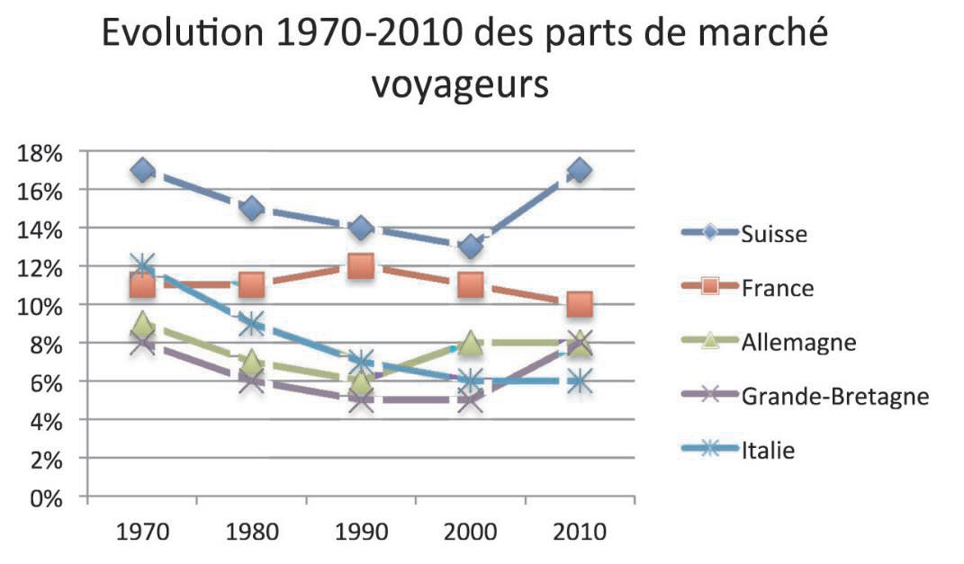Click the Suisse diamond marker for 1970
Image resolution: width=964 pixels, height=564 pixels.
(x=142, y=170)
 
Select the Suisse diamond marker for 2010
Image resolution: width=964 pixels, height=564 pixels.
(x=581, y=170)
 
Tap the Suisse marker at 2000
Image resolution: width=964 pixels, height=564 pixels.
(x=471, y=246)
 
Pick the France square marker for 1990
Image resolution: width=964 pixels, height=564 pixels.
(x=361, y=266)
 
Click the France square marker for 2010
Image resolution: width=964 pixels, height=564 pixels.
(x=581, y=304)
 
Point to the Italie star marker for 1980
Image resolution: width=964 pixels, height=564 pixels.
(x=251, y=323)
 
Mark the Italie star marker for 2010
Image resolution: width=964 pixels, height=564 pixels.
(x=581, y=380)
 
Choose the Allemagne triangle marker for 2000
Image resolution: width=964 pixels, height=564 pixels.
(x=471, y=343)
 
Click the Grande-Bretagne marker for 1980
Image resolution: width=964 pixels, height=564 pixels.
(x=251, y=380)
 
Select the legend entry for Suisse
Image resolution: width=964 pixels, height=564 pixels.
(x=774, y=234)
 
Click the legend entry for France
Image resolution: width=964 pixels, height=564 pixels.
(x=778, y=288)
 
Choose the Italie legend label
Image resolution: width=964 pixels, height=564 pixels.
(x=768, y=451)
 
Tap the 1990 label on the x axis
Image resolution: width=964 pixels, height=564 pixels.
(x=361, y=532)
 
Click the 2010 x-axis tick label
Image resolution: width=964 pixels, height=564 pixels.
(x=581, y=532)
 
